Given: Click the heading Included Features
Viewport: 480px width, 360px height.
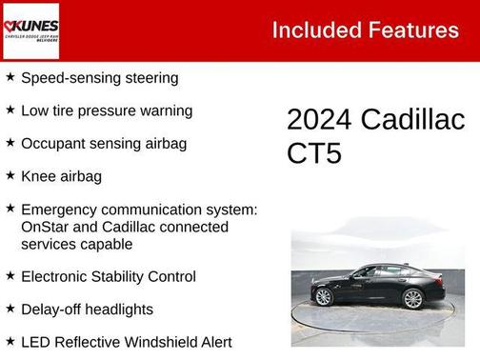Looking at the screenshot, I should pyautogui.click(x=365, y=30).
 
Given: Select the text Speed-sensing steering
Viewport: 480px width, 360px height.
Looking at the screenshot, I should pyautogui.click(x=99, y=77).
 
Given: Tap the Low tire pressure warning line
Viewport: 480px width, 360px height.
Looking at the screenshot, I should pyautogui.click(x=106, y=110).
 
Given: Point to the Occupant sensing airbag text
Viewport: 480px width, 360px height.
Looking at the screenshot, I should pyautogui.click(x=103, y=144).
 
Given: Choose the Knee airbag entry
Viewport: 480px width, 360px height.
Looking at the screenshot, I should pyautogui.click(x=61, y=176).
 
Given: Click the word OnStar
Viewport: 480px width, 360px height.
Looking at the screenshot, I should pyautogui.click(x=46, y=227).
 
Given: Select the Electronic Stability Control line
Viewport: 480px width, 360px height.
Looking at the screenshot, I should pyautogui.click(x=108, y=276).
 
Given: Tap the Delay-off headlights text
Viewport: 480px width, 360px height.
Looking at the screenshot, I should pyautogui.click(x=100, y=310).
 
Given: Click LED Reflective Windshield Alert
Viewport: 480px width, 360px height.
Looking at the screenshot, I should pyautogui.click(x=126, y=342).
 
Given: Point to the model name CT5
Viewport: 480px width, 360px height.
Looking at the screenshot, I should pyautogui.click(x=313, y=153).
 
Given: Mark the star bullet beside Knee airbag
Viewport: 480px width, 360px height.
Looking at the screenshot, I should pyautogui.click(x=10, y=175).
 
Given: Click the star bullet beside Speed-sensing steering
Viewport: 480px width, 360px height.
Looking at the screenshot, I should pyautogui.click(x=10, y=76).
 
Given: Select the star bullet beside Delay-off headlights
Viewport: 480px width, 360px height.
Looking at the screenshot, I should pyautogui.click(x=10, y=309).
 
